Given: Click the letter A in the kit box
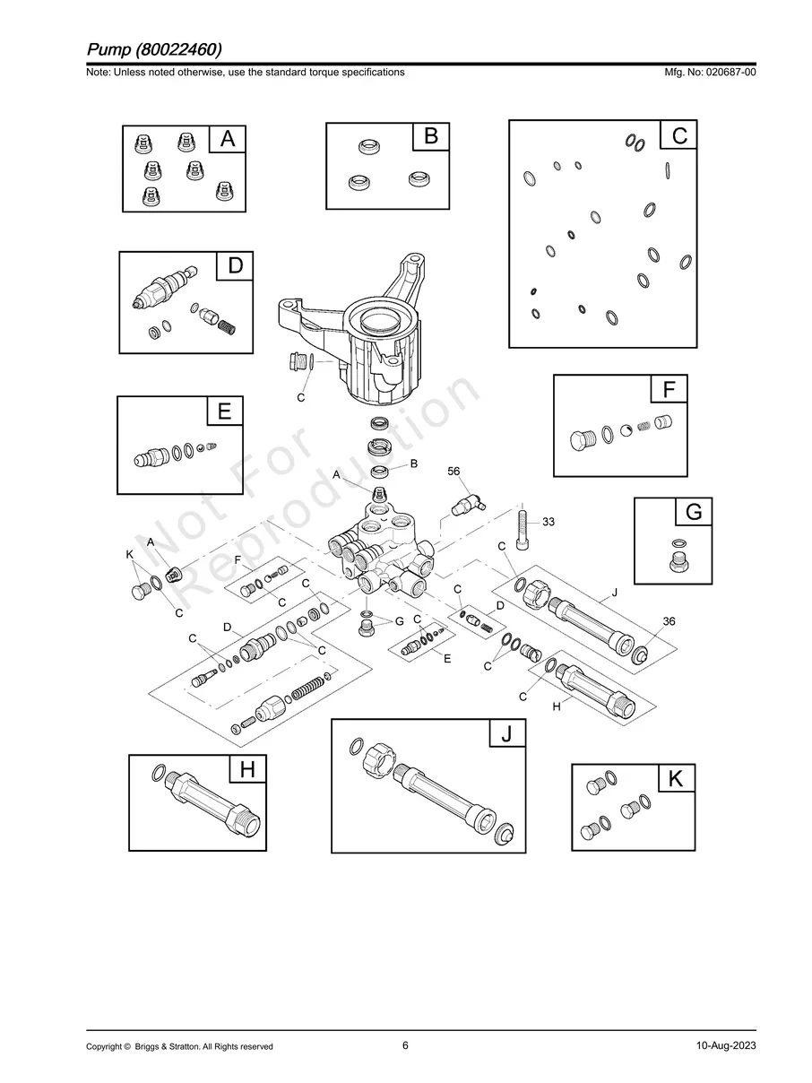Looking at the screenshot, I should pos(228,140).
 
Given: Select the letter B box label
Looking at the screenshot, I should pos(431,136).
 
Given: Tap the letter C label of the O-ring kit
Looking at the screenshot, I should pos(679,136).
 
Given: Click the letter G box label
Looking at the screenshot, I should pos(694,513).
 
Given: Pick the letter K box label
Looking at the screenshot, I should pos(676,780).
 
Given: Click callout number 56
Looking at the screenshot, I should pos(454,472).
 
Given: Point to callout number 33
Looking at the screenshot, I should pos(549,522).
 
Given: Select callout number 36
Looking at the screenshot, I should pos(669,621).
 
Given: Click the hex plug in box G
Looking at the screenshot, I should pos(680,563).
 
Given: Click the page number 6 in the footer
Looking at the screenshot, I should pos(405,1045).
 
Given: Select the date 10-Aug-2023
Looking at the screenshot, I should pos(725,1046).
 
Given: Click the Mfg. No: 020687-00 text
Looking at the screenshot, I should pos(707,72).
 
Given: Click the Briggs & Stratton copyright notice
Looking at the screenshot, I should pos(179,1046).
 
